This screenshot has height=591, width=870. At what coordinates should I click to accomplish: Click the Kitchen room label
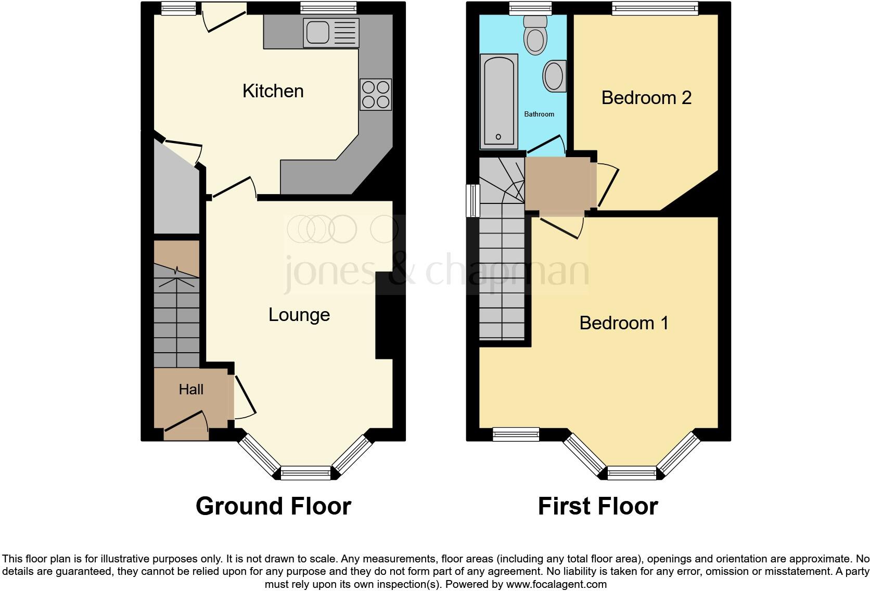coord(273,91)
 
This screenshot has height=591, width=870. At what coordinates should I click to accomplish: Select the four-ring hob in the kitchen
coord(375,94)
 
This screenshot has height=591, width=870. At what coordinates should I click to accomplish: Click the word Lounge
coord(299,315)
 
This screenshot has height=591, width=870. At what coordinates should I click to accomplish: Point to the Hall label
coord(191,389)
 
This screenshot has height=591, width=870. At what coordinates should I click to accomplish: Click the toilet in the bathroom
coord(534,35)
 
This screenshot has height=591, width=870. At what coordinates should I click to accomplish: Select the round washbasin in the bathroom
coord(554,76)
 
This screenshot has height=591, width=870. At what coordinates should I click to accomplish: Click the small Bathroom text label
coord(539,114)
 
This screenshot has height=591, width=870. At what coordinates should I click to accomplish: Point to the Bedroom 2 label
coord(646,98)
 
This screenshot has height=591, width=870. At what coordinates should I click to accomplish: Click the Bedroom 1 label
coord(623,323)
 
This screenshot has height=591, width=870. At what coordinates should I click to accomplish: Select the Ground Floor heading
coord(273,506)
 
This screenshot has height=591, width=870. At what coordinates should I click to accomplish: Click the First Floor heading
coord(597,506)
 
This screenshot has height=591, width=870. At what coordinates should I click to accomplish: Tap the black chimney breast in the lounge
coord(384,315)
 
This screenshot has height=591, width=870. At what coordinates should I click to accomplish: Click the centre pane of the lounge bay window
coord(305,473)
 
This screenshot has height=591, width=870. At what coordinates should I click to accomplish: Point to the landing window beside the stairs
coord(472,200)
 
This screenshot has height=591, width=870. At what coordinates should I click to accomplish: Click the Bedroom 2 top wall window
coord(655,7)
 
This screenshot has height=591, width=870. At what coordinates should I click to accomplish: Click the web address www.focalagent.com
coord(556,584)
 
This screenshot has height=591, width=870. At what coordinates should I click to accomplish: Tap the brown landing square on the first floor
coord(558,184)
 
